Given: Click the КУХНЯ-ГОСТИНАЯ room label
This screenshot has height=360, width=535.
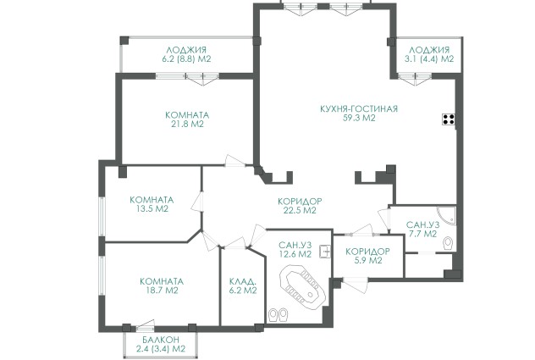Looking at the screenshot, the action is click(359, 109).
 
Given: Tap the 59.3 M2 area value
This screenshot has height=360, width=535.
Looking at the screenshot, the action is click(359, 119).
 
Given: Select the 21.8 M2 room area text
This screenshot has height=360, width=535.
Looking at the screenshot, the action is click(187, 124).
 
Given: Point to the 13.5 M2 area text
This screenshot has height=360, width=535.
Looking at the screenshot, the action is click(152, 208).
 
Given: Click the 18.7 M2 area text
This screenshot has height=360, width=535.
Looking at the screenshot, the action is click(162, 291).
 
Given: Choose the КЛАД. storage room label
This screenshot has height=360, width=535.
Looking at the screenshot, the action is click(243, 282).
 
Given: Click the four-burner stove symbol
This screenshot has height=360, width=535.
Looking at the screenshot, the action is click(449, 119).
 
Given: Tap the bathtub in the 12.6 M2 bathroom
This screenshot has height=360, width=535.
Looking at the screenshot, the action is click(302, 285).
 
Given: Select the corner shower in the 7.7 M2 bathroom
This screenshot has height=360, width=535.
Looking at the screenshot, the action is click(447, 215).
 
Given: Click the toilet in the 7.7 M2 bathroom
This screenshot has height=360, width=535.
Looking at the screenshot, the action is click(448, 244).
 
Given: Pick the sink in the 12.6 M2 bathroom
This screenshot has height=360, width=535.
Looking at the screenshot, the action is click(325, 252).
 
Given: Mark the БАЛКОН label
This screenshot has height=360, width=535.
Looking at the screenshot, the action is click(160, 340).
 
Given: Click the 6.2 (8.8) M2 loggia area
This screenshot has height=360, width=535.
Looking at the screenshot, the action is click(186, 58).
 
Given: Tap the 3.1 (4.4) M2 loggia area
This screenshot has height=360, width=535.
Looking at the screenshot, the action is click(429, 58).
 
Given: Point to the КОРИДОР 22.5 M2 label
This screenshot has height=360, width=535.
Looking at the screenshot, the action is click(300, 206).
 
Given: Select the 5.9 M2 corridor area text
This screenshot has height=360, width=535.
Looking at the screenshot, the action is click(367, 261).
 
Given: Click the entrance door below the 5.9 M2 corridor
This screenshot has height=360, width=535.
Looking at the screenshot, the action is click(356, 285).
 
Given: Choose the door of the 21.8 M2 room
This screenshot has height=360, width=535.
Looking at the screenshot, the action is click(234, 161).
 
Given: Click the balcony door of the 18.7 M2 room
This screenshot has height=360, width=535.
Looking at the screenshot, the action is click(145, 325).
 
